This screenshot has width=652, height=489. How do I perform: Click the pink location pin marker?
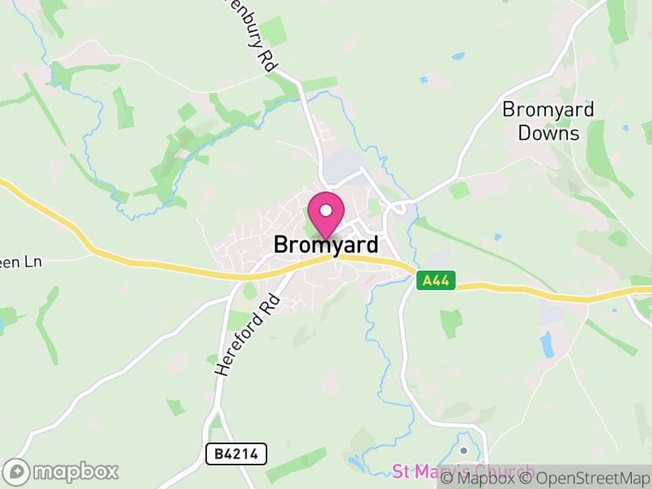click(326, 214)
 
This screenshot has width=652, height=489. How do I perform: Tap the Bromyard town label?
click(326, 244)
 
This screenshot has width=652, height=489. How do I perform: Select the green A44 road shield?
click(435, 281)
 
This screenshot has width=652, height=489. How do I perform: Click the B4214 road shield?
click(236, 454)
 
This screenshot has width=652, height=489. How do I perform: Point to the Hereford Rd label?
click(248, 335)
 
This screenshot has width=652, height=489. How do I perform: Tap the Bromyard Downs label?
click(548, 121)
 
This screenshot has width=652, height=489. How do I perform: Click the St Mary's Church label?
click(463, 472)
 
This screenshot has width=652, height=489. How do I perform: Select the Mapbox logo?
click(62, 471)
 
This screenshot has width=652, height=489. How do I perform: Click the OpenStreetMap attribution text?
click(586, 478)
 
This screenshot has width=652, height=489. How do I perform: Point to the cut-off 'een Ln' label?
click(20, 262)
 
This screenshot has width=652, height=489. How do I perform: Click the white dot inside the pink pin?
click(326, 210)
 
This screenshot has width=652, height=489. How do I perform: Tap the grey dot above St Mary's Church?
click(464, 450)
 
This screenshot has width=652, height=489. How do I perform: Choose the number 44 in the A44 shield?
click(440, 281)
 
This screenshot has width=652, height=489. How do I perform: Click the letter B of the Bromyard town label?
click(281, 244)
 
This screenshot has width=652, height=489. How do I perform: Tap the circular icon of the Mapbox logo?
click(15, 471)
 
